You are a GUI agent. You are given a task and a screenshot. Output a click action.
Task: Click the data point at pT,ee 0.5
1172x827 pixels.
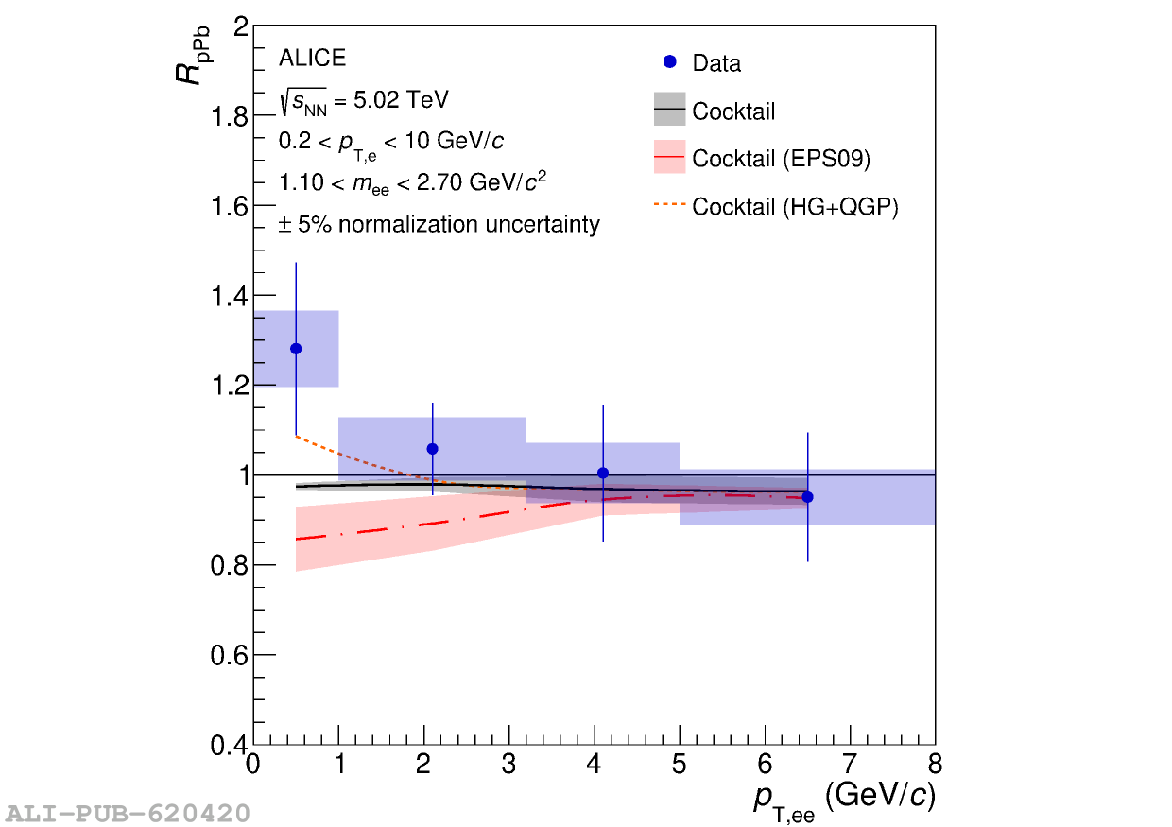coord(296,349)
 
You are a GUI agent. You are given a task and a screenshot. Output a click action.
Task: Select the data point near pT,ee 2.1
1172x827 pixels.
coord(432,449)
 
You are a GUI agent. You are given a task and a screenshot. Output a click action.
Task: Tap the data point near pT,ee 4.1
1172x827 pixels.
coord(603,473)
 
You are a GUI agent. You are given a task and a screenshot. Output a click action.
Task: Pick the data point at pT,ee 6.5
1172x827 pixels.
coord(807,497)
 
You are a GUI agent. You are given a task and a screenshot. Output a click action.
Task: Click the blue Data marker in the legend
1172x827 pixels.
coord(669,62)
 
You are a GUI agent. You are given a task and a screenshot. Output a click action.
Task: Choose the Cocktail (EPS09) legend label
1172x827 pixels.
coord(781,159)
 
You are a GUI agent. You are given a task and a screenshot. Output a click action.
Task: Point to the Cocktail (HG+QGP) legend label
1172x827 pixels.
coord(795,207)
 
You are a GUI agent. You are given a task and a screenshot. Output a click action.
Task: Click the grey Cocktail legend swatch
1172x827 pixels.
coord(669,110)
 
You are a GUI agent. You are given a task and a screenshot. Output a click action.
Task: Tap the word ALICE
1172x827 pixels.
coord(312,59)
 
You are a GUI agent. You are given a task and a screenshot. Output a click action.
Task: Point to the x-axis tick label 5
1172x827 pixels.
coord(679,764)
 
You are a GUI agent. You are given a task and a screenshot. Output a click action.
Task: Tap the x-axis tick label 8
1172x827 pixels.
coord(935,764)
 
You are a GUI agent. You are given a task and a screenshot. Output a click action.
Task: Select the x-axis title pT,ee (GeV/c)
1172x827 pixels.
coord(843,800)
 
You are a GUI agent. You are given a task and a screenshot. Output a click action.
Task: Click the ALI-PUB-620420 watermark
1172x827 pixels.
coord(128,813)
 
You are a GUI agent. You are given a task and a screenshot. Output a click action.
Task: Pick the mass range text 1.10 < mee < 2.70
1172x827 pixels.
coord(411,182)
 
